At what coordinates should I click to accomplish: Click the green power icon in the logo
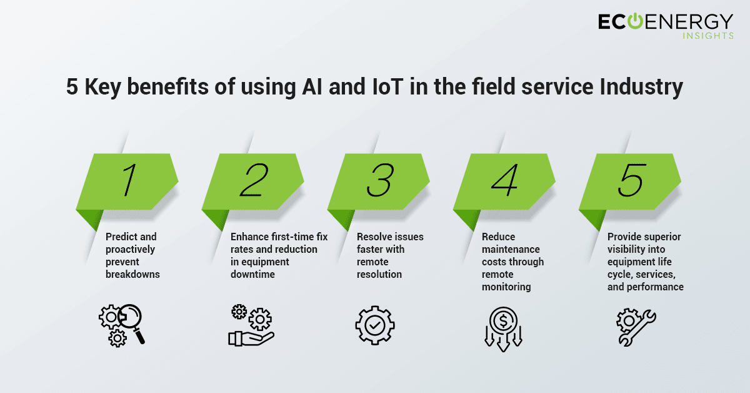click(635, 21)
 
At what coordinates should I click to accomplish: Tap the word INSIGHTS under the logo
click(708, 36)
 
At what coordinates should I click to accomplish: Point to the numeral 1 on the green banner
click(130, 180)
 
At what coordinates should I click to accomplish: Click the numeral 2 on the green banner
click(254, 180)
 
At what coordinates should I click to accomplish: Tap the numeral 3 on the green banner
click(380, 180)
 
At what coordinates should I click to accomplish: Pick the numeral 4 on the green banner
click(505, 180)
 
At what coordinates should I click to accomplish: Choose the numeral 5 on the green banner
click(631, 180)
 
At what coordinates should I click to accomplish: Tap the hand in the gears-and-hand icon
click(251, 339)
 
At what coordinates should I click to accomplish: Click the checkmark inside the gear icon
click(374, 325)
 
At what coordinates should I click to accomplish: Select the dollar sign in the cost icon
click(503, 321)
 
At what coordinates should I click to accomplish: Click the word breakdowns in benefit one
click(132, 274)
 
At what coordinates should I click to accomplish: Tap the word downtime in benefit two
click(252, 274)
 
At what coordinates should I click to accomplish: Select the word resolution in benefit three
click(379, 274)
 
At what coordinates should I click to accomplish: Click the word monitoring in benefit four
click(506, 287)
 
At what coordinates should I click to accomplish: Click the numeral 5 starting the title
click(72, 87)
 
